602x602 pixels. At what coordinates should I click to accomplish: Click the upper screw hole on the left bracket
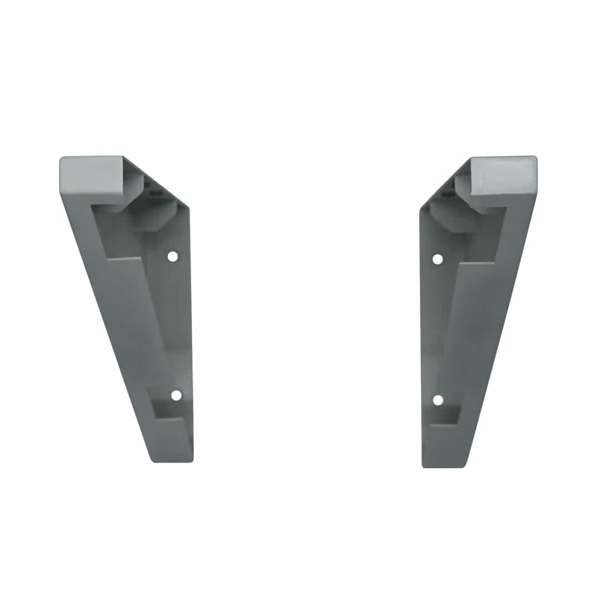[173, 256]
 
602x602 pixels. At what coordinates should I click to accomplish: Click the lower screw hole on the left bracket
[176, 395]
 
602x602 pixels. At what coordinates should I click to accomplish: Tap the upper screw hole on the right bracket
[438, 259]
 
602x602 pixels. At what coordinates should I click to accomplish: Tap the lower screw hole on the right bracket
[438, 400]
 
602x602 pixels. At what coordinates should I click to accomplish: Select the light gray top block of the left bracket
[92, 174]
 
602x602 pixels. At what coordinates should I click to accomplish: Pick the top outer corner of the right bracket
[535, 158]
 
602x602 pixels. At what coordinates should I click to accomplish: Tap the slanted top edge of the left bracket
[156, 182]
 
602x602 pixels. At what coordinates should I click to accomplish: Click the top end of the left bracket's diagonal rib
[124, 259]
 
